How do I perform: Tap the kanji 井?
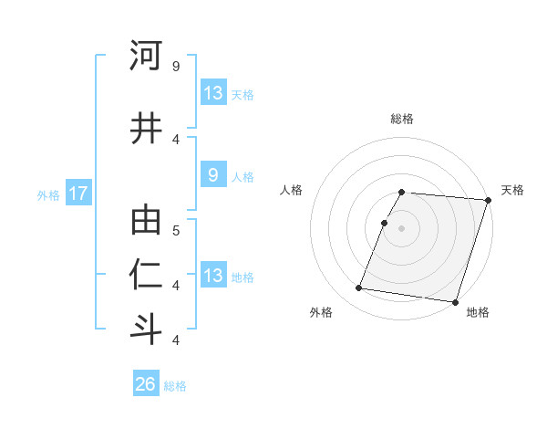click(x=146, y=129)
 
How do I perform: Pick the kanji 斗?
click(x=146, y=329)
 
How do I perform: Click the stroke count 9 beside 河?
click(x=176, y=66)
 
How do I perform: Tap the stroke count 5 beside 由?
click(x=176, y=230)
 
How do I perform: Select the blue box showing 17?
click(x=77, y=194)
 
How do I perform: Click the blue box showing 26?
click(x=146, y=384)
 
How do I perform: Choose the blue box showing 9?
click(x=212, y=176)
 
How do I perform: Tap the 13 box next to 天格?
click(x=212, y=93)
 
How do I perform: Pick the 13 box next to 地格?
click(x=212, y=276)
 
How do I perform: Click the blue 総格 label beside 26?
click(x=175, y=385)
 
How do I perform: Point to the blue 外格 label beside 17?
click(x=48, y=194)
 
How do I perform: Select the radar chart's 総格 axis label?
click(x=402, y=119)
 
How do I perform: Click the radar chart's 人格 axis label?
click(x=292, y=190)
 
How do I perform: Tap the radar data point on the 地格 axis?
click(x=454, y=301)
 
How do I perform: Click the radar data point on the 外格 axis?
click(x=359, y=288)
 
